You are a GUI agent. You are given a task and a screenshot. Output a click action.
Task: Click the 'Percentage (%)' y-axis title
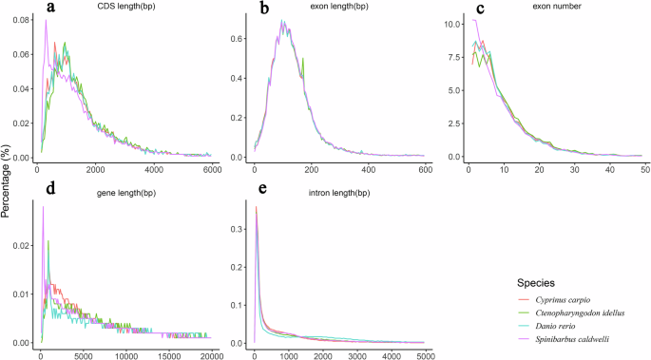coord(7,180)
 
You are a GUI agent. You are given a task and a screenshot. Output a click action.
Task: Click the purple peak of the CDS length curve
coord(46,22)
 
